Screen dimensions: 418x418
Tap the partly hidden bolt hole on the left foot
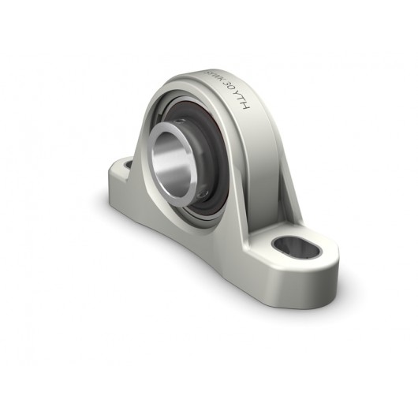click(x=124, y=164)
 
